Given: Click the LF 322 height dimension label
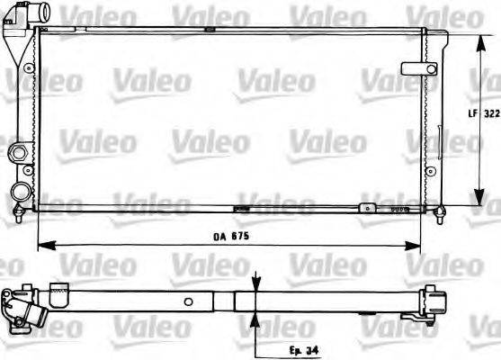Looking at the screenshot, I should [x=484, y=114].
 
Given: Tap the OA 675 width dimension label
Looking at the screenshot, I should [x=230, y=236].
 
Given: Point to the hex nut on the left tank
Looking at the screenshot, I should [x=16, y=154].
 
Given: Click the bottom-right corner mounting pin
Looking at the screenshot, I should [x=440, y=212].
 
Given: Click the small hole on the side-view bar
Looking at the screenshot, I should [x=188, y=301].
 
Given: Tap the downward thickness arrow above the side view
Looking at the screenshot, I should [x=256, y=284].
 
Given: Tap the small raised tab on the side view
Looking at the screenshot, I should [x=59, y=289].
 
